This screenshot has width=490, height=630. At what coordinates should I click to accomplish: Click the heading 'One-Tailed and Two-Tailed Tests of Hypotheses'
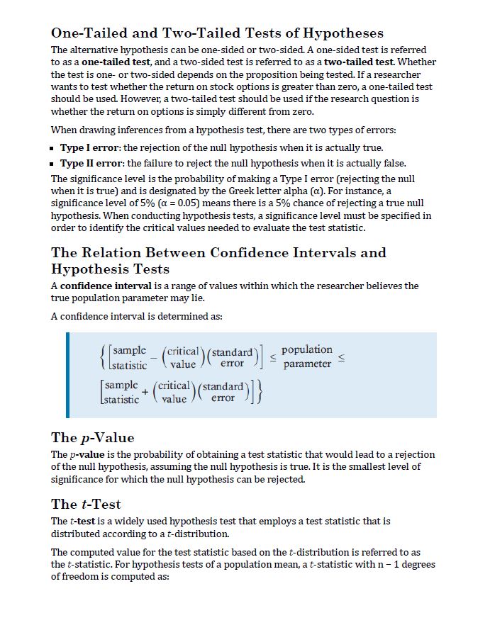pyautogui.click(x=217, y=33)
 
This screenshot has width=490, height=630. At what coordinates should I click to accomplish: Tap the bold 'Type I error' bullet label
pyautogui.click(x=90, y=148)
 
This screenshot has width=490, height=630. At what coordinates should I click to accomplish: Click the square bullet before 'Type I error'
pyautogui.click(x=53, y=149)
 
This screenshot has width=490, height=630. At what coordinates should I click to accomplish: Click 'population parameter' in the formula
pyautogui.click(x=307, y=356)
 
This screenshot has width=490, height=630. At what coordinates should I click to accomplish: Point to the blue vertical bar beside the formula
pyautogui.click(x=68, y=374)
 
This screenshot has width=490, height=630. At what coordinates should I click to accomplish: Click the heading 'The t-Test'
pyautogui.click(x=87, y=504)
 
